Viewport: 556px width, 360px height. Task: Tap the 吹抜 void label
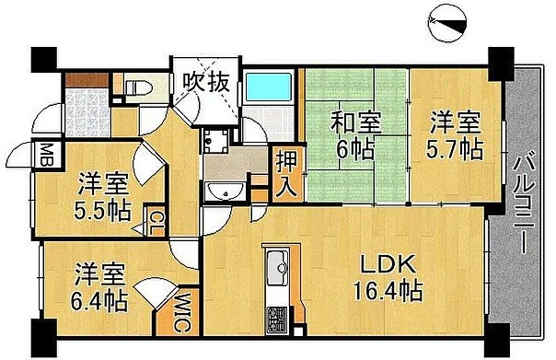tap(203, 81)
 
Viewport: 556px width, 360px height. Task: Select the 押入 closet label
tap(285, 173)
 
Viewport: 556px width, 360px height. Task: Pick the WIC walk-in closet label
tap(181, 310)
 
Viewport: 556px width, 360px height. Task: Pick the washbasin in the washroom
tap(226, 192)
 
